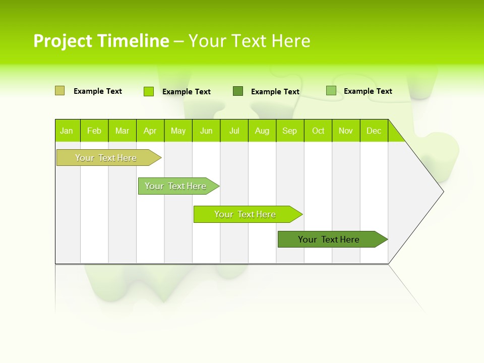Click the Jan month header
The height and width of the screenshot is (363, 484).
pyautogui.click(x=67, y=131)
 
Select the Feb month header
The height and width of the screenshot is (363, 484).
pyautogui.click(x=94, y=131)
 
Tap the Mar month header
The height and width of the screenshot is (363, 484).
pyautogui.click(x=122, y=131)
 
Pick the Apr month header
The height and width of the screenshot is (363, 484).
pyautogui.click(x=150, y=131)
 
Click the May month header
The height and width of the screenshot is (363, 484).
pyautogui.click(x=178, y=131)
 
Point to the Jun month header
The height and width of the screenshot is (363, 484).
pyautogui.click(x=206, y=131)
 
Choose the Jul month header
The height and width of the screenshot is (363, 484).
pyautogui.click(x=234, y=131)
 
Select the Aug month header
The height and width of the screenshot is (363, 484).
pyautogui.click(x=262, y=131)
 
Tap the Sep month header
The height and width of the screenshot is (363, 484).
pyautogui.click(x=290, y=131)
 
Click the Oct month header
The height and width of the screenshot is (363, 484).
pyautogui.click(x=318, y=131)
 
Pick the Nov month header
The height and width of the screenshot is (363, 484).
pyautogui.click(x=346, y=131)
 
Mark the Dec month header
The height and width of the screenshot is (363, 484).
pyautogui.click(x=374, y=131)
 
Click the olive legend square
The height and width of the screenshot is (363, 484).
pyautogui.click(x=59, y=91)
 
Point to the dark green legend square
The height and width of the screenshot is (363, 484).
pyautogui.click(x=238, y=91)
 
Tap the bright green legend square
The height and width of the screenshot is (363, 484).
pyautogui.click(x=149, y=91)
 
